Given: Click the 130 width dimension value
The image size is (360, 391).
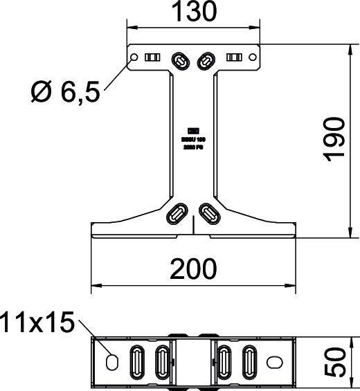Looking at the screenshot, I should click(195, 12).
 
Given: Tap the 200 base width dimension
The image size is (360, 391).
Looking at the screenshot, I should click(195, 268).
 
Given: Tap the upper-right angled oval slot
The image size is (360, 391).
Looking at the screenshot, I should click(207, 61).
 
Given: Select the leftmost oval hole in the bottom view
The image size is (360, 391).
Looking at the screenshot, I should click(111, 360).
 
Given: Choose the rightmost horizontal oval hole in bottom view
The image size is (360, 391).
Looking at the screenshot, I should click(276, 361).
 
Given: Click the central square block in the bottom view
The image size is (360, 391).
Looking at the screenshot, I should click(194, 360).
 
